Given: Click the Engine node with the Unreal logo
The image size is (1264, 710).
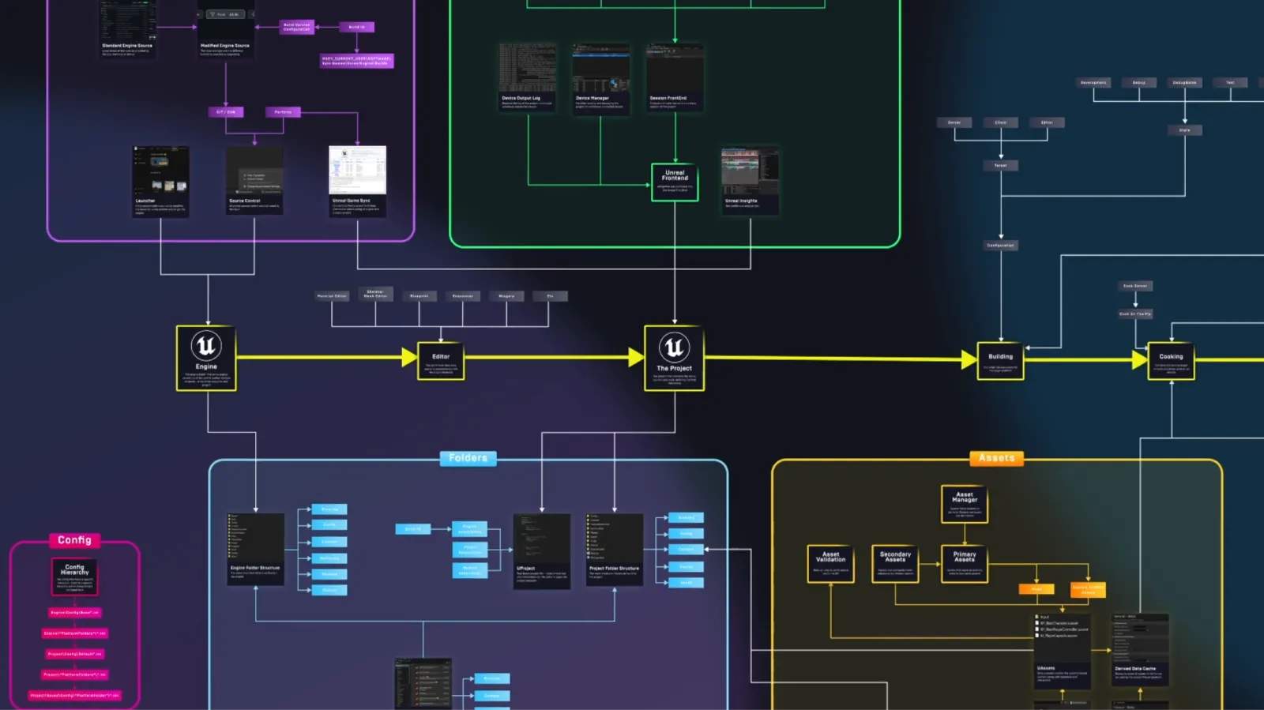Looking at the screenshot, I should tap(206, 358).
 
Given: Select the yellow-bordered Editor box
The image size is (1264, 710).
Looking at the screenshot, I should tap(441, 361).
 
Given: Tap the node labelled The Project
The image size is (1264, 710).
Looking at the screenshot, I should tap(674, 358).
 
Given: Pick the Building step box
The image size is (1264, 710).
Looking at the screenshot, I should tap(1000, 361).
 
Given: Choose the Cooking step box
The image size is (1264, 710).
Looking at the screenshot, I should tap(1171, 361).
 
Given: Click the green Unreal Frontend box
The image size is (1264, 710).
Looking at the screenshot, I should tap(675, 182).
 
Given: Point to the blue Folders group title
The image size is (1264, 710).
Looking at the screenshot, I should tap(468, 458).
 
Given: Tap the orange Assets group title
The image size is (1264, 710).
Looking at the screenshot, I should tap(996, 458).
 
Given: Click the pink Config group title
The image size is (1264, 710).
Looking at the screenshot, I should tap(74, 540).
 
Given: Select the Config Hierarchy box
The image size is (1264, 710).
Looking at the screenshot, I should tap(75, 577).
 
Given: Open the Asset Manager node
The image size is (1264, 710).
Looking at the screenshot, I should tap(965, 504).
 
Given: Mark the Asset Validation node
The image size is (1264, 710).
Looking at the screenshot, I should tap(830, 563).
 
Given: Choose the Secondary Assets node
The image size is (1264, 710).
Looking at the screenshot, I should tap(895, 563).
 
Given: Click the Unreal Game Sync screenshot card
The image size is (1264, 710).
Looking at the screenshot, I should tap(357, 181).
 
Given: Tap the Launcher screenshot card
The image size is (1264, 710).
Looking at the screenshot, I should tap(160, 181).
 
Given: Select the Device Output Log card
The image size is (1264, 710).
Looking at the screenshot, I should tap(527, 77).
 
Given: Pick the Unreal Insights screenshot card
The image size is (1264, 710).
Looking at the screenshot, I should tap(750, 181).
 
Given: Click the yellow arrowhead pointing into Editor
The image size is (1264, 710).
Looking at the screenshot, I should tap(409, 357).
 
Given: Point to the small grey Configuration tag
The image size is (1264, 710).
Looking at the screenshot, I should tap(1000, 246).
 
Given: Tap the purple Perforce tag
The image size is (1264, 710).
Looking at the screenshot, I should tap(283, 112).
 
